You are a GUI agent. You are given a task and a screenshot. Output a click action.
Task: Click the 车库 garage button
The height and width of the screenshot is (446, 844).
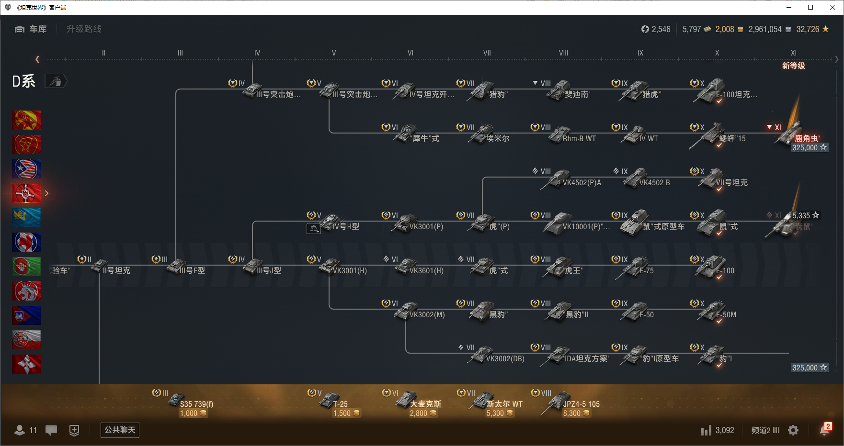point(31,29)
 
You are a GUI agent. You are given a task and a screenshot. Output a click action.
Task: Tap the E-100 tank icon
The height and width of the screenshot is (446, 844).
point(714,267)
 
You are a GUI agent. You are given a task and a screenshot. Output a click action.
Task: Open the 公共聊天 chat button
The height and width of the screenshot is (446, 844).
point(120,430)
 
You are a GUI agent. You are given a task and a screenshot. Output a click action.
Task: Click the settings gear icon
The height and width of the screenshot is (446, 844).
point(793,430)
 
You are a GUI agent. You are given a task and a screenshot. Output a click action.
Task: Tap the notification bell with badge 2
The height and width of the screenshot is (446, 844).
point(824,430)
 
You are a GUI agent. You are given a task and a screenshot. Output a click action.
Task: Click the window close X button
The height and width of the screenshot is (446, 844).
point(833,7)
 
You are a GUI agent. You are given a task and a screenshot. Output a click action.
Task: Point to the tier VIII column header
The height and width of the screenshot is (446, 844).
point(563,53)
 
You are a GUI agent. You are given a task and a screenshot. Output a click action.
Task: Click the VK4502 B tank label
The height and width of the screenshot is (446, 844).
point(654,183)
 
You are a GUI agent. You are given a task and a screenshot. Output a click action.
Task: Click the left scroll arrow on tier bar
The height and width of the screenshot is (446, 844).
point(37,59)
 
